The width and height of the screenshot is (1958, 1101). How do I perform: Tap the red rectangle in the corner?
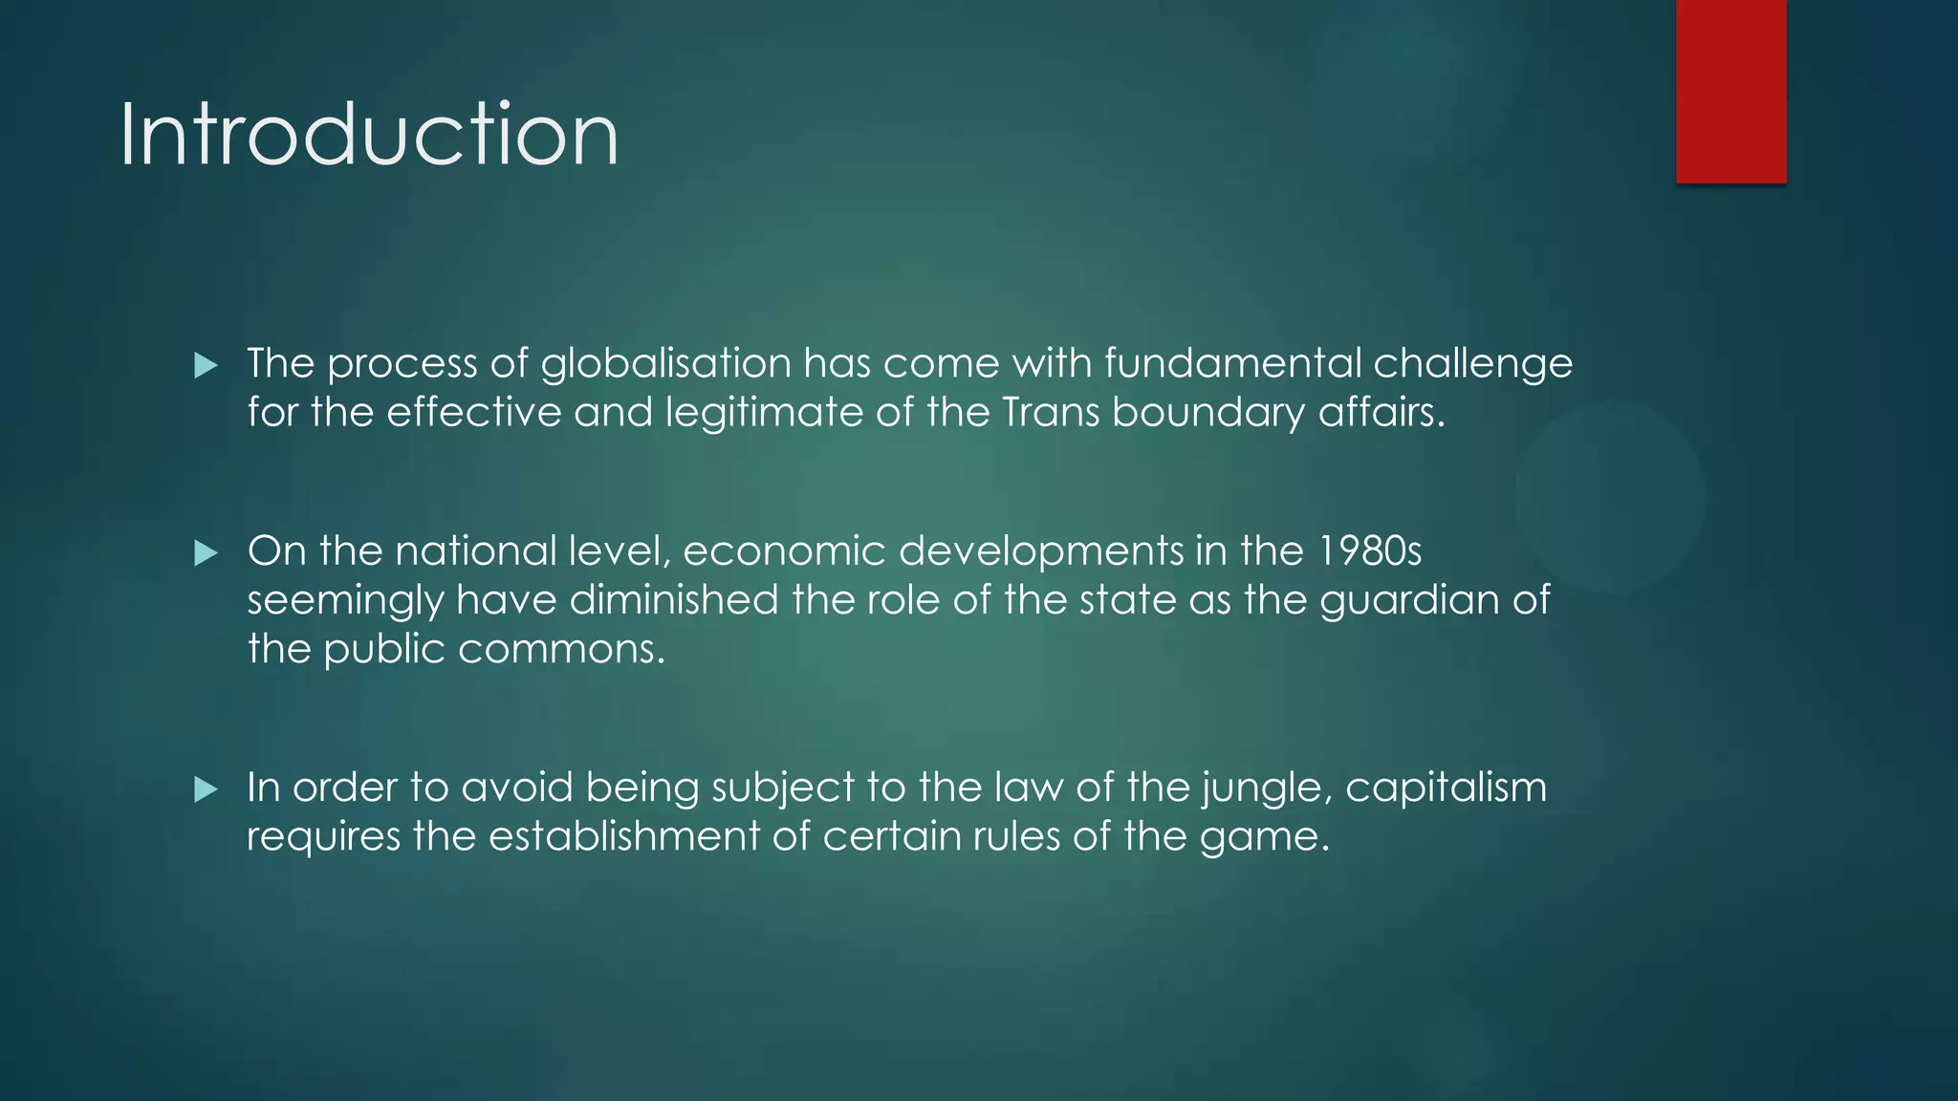click(1730, 91)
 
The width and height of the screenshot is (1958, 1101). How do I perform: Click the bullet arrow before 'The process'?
click(206, 365)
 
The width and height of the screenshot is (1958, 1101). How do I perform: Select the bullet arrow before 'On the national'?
click(206, 552)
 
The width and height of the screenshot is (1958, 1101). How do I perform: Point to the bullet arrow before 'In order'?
click(206, 789)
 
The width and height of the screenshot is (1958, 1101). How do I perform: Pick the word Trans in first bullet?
click(1051, 413)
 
